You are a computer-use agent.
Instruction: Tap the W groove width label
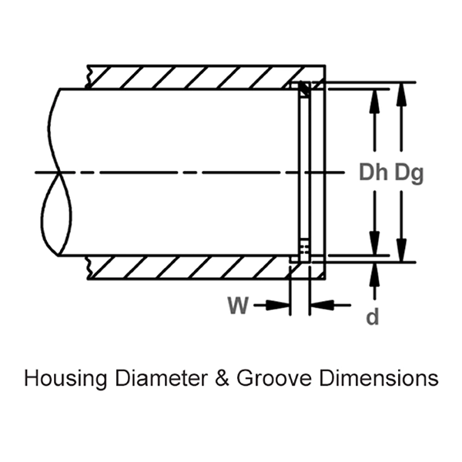click(x=238, y=306)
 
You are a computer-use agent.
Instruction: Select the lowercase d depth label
click(x=373, y=316)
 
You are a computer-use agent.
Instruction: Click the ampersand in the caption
click(x=203, y=379)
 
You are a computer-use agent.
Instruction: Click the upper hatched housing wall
click(x=192, y=76)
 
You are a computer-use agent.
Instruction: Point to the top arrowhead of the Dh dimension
click(x=374, y=95)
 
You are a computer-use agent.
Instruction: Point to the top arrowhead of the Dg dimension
click(x=401, y=89)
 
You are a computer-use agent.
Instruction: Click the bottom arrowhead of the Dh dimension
click(x=374, y=248)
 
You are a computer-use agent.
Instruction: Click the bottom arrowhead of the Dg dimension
click(x=401, y=255)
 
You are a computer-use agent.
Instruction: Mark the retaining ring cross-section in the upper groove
click(x=305, y=89)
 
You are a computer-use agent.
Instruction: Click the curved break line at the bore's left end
click(x=54, y=173)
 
